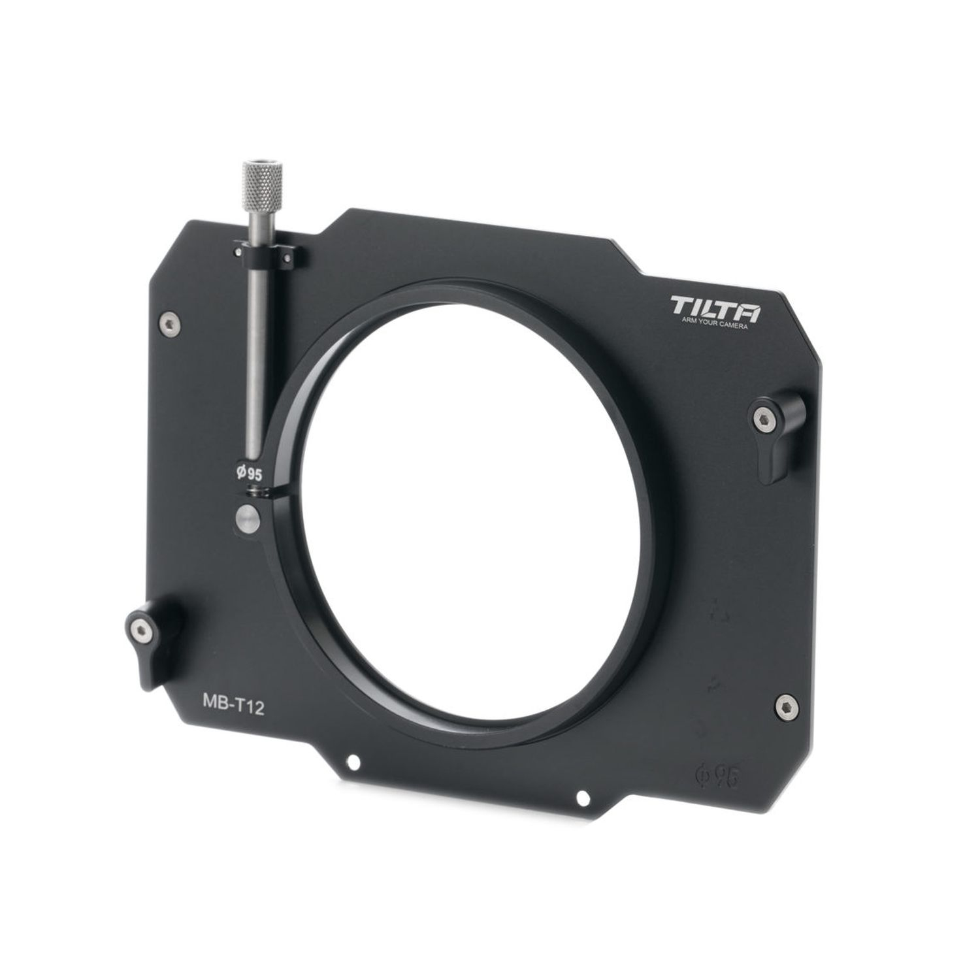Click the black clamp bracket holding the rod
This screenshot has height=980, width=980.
269,257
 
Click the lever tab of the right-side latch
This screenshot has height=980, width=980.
776,457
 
